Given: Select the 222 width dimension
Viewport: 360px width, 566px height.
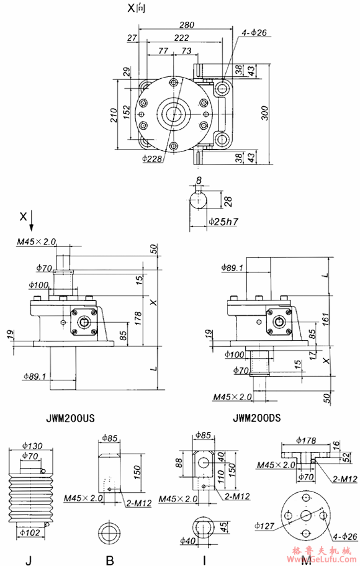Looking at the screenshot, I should point(182,38).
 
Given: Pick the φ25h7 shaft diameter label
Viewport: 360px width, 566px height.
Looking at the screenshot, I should point(224,222).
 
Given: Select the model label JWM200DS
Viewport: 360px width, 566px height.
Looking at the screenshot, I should point(256,418).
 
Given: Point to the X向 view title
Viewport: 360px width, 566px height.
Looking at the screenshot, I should point(137,9).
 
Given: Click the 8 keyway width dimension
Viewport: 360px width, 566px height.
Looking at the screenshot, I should point(199,181).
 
